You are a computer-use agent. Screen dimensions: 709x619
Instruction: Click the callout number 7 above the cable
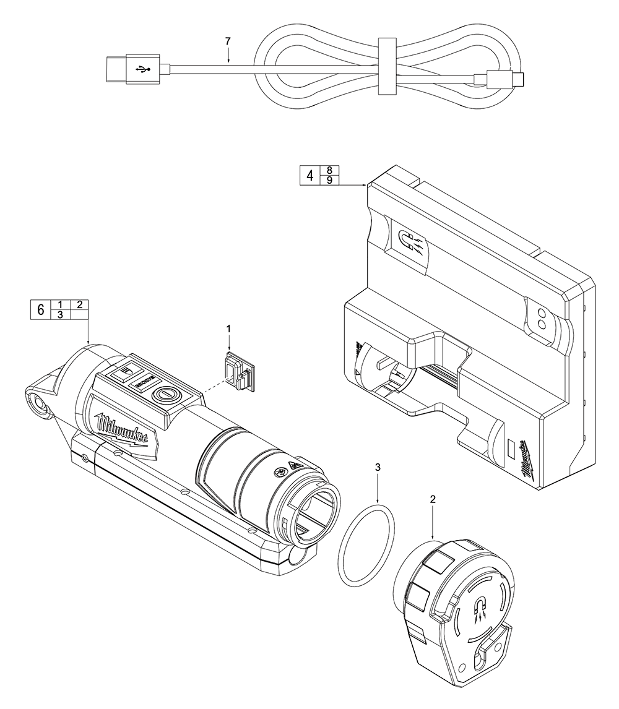pyautogui.click(x=228, y=41)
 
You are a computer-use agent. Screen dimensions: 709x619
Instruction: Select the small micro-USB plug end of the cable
pyautogui.click(x=504, y=79)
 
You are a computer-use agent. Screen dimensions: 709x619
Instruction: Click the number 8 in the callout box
pyautogui.click(x=329, y=170)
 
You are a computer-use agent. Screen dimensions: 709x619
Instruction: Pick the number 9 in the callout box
pyautogui.click(x=329, y=180)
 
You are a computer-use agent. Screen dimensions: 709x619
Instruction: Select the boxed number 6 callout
pyautogui.click(x=41, y=309)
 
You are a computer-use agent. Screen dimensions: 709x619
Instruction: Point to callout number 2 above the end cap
pyautogui.click(x=433, y=499)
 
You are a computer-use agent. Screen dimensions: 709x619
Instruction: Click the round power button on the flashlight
pyautogui.click(x=166, y=393)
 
